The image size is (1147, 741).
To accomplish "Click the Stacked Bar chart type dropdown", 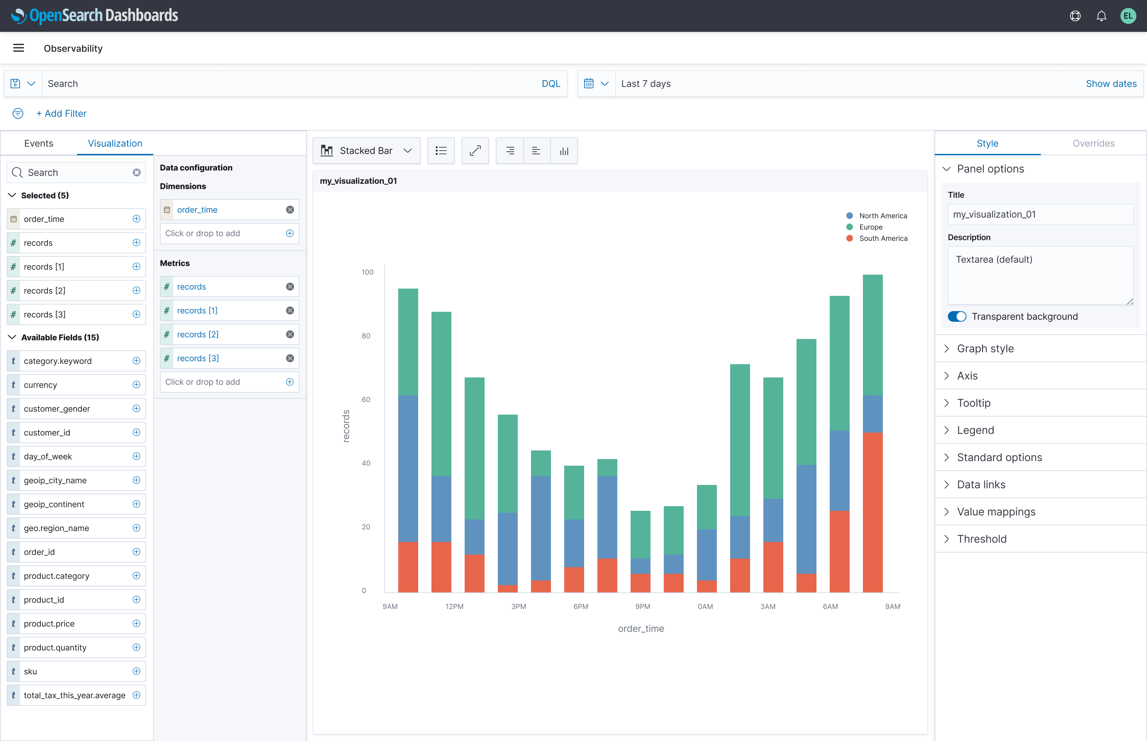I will click(x=366, y=151).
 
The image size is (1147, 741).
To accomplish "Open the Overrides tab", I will click(x=1093, y=143).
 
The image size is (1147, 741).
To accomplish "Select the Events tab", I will click(x=38, y=143).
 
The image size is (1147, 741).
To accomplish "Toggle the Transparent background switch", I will click(x=956, y=317).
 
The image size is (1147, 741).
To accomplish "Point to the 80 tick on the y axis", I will click(x=366, y=336).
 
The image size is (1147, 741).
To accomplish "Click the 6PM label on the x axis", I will click(x=580, y=607).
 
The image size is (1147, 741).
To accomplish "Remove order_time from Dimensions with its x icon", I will click(x=290, y=210).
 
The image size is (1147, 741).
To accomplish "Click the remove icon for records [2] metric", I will click(x=290, y=334).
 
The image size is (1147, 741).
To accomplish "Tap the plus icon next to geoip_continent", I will click(x=136, y=504).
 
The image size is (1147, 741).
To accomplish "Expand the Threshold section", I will click(x=981, y=539).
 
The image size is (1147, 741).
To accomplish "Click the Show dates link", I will click(x=1110, y=84).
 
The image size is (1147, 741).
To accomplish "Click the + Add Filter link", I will click(x=62, y=113).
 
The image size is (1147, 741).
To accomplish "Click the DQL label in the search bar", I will click(x=550, y=84).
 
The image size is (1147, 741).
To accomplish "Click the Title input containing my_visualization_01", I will click(x=1040, y=215).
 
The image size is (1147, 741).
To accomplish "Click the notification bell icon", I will click(x=1101, y=16).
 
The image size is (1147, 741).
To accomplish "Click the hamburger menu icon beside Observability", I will click(x=18, y=48).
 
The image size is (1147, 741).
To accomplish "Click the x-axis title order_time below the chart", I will click(x=641, y=629).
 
